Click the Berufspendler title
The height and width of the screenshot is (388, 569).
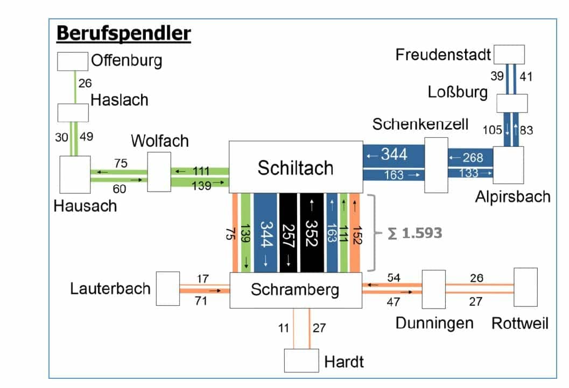point(123,33)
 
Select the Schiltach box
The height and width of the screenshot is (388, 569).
point(296,167)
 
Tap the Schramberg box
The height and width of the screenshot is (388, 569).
point(295,290)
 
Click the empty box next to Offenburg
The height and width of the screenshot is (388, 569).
point(73,61)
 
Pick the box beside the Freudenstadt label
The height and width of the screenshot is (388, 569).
point(509,54)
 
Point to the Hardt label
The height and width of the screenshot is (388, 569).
point(343,361)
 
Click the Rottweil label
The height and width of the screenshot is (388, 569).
point(519,323)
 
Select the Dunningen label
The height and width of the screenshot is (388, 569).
point(434,323)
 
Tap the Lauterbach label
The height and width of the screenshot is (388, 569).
point(110,288)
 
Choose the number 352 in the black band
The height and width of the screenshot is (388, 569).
point(310,232)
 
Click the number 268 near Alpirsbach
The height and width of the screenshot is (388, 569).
point(472,158)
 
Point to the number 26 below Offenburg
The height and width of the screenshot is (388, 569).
point(85,83)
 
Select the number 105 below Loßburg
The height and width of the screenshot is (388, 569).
point(491,130)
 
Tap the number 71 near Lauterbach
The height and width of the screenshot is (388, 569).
point(200,301)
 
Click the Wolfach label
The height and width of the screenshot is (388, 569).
point(160,141)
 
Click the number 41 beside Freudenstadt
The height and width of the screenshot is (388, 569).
point(525,76)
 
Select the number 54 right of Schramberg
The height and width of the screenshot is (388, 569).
point(394,278)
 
